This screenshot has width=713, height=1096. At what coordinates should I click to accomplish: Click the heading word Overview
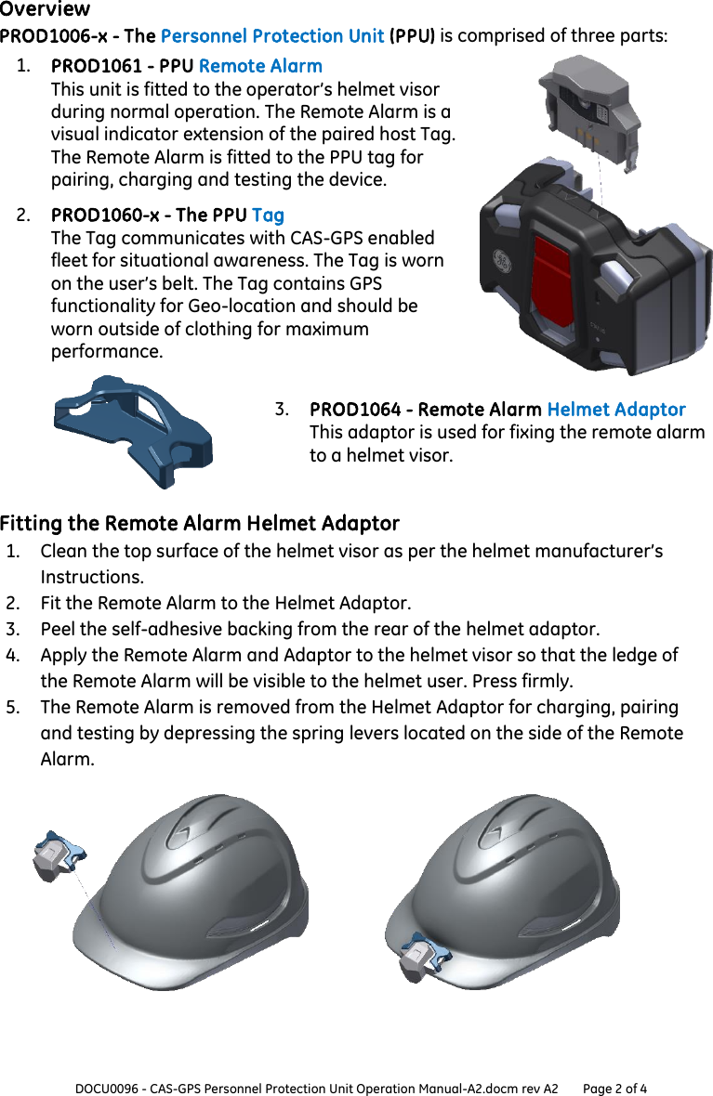[46, 9]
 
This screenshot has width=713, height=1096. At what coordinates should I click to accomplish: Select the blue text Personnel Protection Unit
[271, 36]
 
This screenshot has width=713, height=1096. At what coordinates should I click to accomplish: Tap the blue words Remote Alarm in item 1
[260, 66]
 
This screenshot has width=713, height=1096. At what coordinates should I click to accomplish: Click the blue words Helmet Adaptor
[615, 410]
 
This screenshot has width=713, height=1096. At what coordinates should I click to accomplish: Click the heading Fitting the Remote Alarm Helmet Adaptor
[200, 523]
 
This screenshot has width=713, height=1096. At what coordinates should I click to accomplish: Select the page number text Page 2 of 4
[614, 1088]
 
